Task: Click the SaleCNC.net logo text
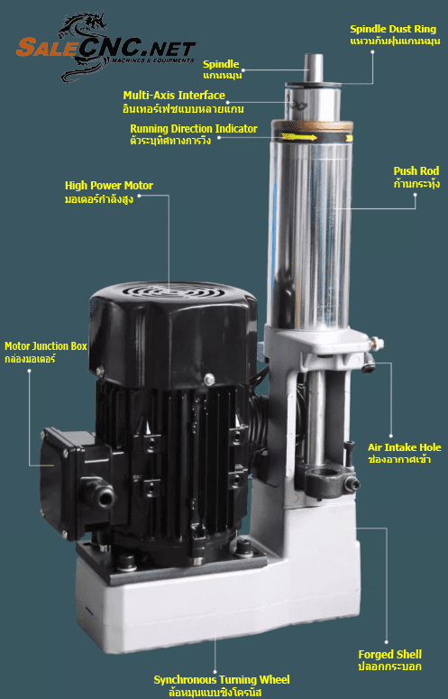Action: coord(106,48)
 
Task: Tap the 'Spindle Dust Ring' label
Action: coord(393,29)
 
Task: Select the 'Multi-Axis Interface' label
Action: coord(174,96)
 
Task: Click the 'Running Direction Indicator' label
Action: coord(194,129)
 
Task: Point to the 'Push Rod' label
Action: coord(416,171)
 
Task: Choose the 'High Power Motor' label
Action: coord(109,186)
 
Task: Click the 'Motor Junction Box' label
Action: coord(46,346)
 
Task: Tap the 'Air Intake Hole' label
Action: coord(405,447)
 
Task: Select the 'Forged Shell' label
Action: coord(390,655)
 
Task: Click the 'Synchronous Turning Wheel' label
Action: coord(222,680)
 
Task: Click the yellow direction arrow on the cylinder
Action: coord(299,137)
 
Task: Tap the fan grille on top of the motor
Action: coord(174,291)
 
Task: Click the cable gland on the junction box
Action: coord(99,492)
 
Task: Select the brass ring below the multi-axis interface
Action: coord(312,126)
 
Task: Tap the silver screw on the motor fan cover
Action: coord(208,379)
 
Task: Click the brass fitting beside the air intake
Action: coord(377,344)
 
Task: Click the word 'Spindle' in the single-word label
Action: coord(221,64)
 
